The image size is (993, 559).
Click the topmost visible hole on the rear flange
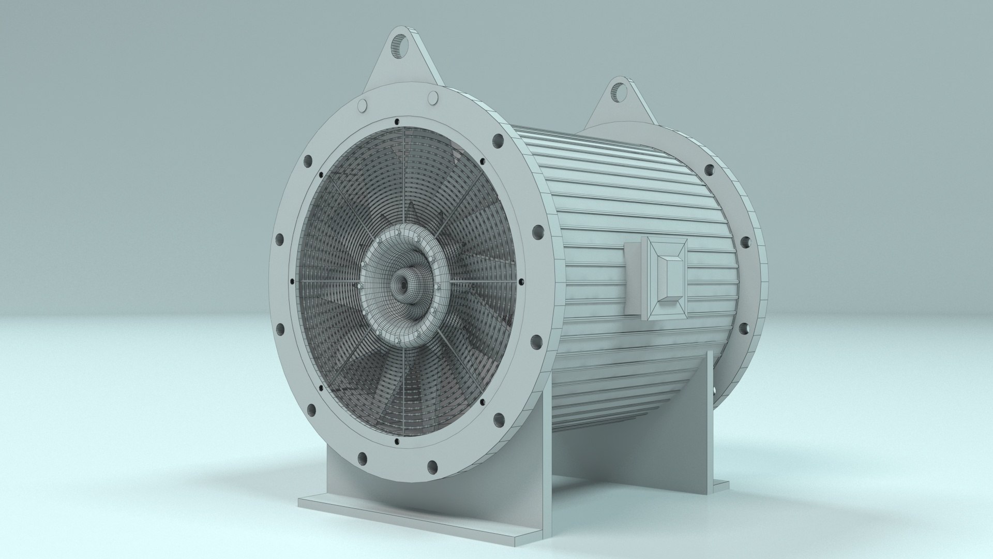click(x=709, y=169)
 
